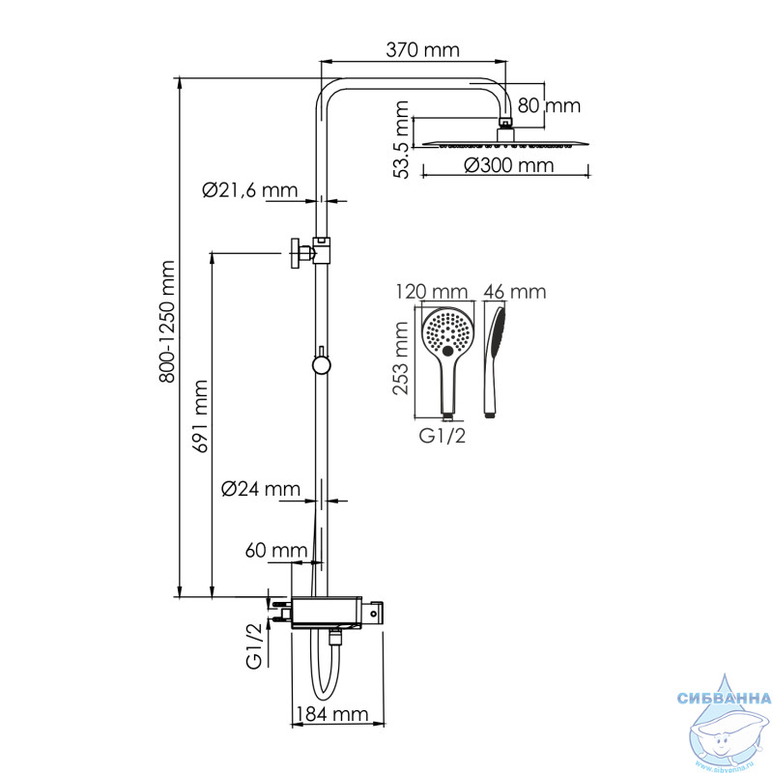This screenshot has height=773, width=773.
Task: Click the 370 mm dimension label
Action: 422,50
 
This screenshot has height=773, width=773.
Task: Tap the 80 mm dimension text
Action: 549,105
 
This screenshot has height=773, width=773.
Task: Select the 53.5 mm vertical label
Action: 402,139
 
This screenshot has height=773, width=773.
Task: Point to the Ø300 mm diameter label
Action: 509,165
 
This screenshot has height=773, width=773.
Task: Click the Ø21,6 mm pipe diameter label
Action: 250,190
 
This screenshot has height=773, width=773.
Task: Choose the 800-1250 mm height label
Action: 167,322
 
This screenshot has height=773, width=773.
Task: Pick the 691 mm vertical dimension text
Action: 201,416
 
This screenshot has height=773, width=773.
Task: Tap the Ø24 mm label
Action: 261,489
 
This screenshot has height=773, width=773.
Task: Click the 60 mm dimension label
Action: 276,550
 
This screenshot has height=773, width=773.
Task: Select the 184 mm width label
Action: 332,714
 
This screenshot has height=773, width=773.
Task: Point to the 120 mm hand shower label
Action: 431,292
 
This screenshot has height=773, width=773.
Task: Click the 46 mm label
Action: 515,292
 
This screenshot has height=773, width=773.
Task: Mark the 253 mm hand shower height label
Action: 401,358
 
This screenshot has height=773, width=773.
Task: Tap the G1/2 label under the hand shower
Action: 443,436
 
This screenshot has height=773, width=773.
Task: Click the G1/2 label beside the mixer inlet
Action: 254,646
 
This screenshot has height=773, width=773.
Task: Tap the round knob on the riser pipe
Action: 321,364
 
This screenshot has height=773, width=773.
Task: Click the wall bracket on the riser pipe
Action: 310,253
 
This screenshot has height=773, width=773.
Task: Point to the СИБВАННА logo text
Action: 724,698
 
